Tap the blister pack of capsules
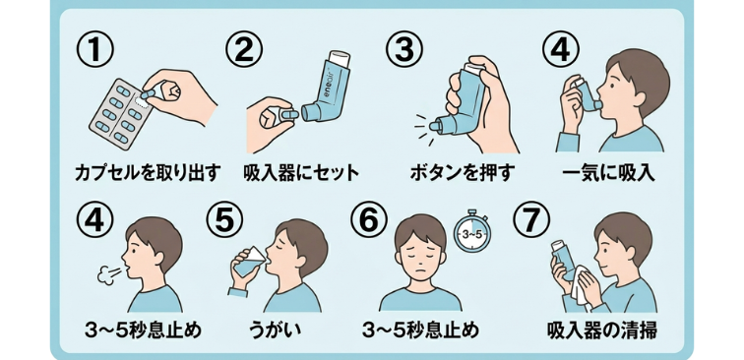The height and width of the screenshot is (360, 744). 125,109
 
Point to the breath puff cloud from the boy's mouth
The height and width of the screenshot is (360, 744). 106,274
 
